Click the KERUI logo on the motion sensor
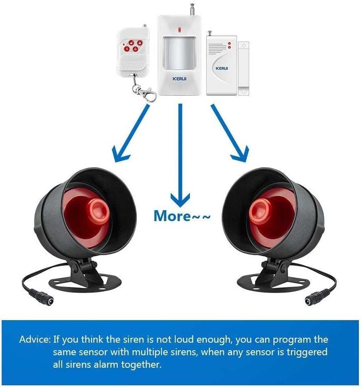coord(179,79)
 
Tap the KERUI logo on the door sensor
coord(222,69)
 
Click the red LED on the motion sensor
coord(179,30)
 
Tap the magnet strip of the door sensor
coord(243,69)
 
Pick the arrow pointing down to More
coord(180,155)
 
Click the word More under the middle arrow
coord(172,216)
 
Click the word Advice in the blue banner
coord(35,340)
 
